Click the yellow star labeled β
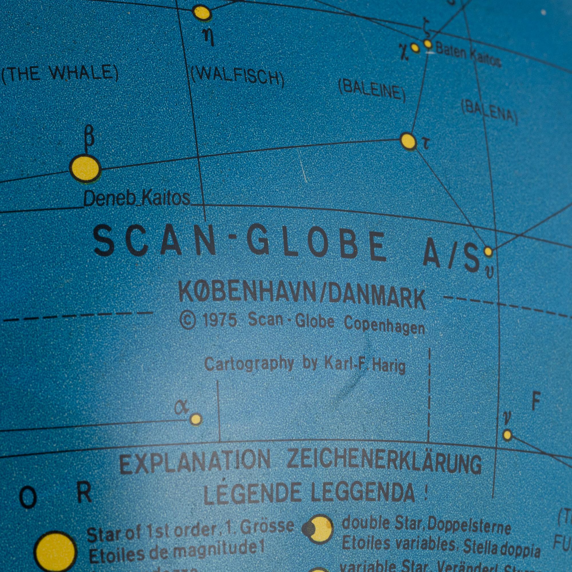85,169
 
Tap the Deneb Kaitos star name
136,199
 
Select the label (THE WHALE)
60,74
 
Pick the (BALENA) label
489,112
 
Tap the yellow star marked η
202,13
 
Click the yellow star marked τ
408,141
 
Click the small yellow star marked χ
415,48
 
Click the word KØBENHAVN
247,293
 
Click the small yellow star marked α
196,419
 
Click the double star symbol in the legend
318,529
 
